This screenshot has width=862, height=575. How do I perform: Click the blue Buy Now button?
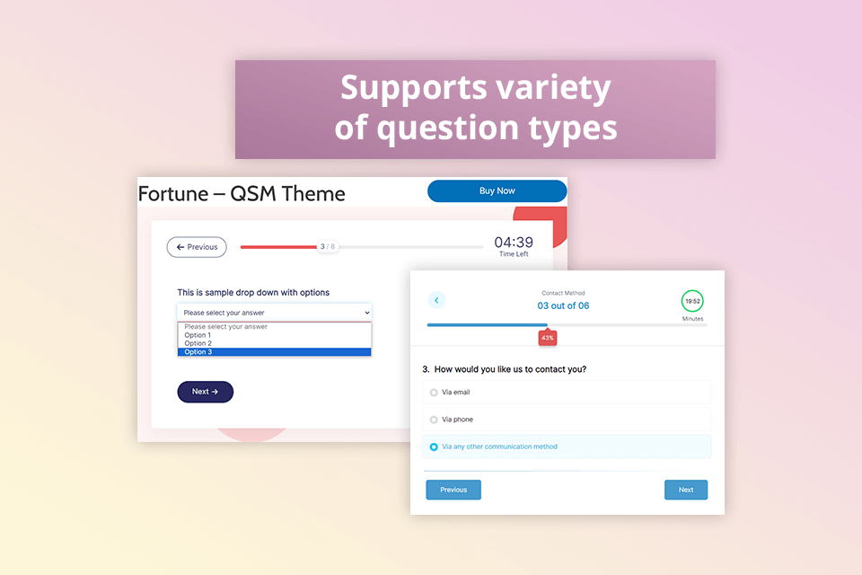pyautogui.click(x=497, y=190)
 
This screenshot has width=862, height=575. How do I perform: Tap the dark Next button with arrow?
pyautogui.click(x=205, y=392)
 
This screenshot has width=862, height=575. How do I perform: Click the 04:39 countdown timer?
pyautogui.click(x=514, y=243)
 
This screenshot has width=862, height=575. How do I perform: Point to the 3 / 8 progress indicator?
pyautogui.click(x=328, y=246)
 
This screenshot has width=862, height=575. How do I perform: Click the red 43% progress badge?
pyautogui.click(x=548, y=338)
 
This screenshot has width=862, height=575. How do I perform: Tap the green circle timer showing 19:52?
pyautogui.click(x=692, y=301)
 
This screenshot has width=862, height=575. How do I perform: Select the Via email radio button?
pyautogui.click(x=435, y=393)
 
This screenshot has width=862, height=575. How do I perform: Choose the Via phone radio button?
pyautogui.click(x=435, y=420)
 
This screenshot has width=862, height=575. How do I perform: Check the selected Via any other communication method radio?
pyautogui.click(x=435, y=447)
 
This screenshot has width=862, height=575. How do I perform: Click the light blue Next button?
pyautogui.click(x=686, y=490)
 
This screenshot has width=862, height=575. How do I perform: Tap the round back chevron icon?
pyautogui.click(x=436, y=300)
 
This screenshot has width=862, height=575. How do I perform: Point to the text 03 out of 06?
pyautogui.click(x=563, y=305)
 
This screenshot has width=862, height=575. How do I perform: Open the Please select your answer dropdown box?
pyautogui.click(x=274, y=313)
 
